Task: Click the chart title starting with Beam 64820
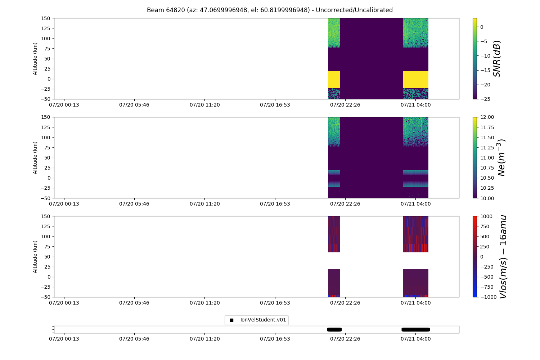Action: (x=270, y=10)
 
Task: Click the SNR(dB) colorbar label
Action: (x=497, y=58)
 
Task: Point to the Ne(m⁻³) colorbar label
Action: (x=501, y=157)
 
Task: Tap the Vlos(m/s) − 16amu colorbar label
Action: (x=503, y=256)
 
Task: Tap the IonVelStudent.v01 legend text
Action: (x=263, y=320)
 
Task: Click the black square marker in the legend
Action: (x=231, y=320)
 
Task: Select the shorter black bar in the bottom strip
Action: (x=334, y=329)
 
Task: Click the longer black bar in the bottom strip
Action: (x=415, y=329)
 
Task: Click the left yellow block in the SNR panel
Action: (x=334, y=79)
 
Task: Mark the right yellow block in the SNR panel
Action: (x=415, y=79)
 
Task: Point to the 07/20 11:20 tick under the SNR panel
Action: (x=204, y=105)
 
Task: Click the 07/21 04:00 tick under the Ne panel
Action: (x=415, y=204)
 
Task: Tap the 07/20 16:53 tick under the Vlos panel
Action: (x=275, y=303)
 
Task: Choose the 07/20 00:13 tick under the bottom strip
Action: (x=64, y=339)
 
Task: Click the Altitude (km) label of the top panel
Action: (x=35, y=58)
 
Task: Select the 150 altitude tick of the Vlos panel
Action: (x=46, y=216)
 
